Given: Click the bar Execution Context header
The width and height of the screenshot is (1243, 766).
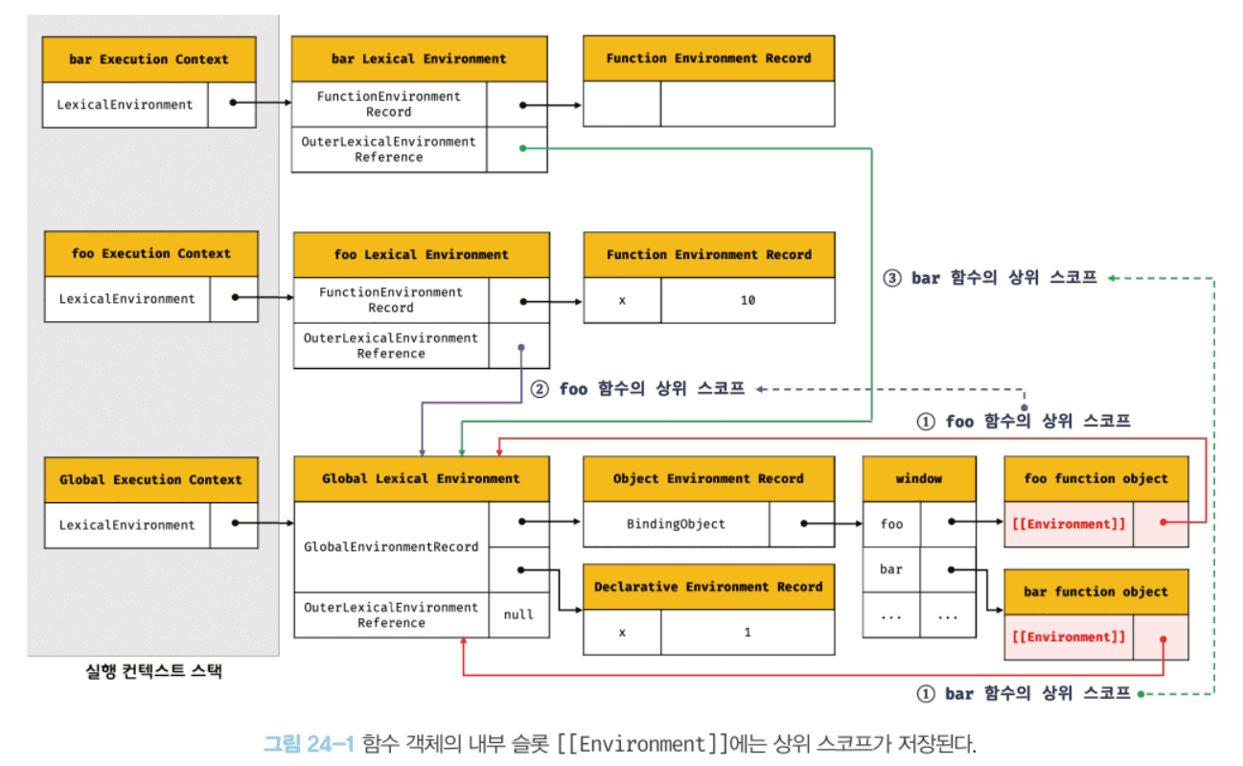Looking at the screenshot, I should point(149,59).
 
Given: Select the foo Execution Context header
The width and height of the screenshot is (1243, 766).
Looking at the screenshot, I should point(151,254).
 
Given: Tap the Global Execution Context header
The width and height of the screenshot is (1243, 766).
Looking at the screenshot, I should point(151,479).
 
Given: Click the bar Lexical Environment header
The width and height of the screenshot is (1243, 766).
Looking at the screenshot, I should point(419,58).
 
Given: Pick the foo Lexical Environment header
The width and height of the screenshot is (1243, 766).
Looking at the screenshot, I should point(422,255).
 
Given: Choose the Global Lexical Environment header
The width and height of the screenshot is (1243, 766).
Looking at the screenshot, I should point(421,478).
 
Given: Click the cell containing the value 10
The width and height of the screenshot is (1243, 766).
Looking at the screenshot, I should point(748,300).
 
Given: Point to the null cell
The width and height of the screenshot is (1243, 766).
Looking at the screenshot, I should point(518,615).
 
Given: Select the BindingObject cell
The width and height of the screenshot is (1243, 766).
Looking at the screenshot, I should point(676,524).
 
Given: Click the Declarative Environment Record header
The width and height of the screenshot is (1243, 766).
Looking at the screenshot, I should point(708,587).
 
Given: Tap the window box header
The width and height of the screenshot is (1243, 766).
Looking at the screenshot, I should point(919,478).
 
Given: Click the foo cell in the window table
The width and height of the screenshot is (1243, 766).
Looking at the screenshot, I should point(891,524).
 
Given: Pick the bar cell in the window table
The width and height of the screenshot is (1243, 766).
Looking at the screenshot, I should point(891,569).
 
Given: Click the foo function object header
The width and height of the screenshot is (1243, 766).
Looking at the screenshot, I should point(1096,478).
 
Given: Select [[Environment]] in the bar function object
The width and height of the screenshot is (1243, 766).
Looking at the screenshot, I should point(1069,638).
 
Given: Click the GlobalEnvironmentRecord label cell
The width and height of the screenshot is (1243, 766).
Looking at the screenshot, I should point(391,546).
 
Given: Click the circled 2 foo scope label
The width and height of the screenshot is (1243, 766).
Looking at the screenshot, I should point(637,390).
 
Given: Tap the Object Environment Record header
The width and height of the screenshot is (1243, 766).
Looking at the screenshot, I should point(708,478).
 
